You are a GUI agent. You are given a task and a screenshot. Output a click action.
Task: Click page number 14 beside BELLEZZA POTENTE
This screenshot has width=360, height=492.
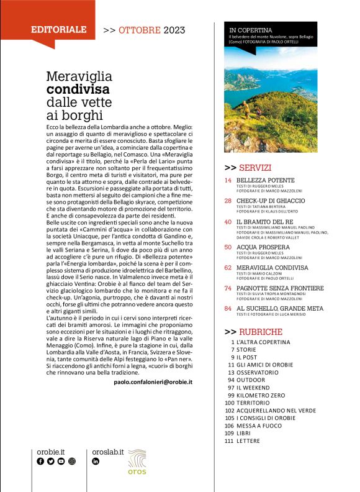pos(228,180)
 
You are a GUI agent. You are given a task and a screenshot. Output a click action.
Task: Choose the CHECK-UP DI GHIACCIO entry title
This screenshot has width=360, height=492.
pos(270,201)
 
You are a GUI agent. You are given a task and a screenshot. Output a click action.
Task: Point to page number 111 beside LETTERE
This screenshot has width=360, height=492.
pos(228,440)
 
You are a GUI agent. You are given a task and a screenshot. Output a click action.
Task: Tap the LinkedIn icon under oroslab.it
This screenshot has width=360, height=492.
pos(96,462)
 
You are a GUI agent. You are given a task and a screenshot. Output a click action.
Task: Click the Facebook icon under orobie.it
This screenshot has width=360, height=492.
pos(40,462)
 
